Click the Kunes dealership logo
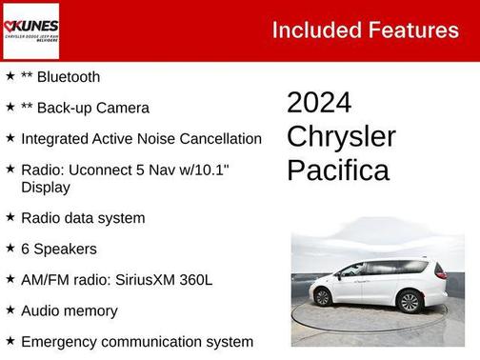pyautogui.click(x=31, y=30)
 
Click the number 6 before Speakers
pyautogui.click(x=26, y=249)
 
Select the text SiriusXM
pyautogui.click(x=153, y=279)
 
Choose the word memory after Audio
pyautogui.click(x=93, y=310)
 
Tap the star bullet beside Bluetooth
pyautogui.click(x=10, y=75)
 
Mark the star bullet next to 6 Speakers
pyautogui.click(x=10, y=248)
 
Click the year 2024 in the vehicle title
pyautogui.click(x=319, y=103)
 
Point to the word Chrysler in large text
pyautogui.click(x=341, y=136)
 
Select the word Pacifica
pyautogui.click(x=338, y=170)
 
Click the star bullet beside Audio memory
pyautogui.click(x=10, y=310)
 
